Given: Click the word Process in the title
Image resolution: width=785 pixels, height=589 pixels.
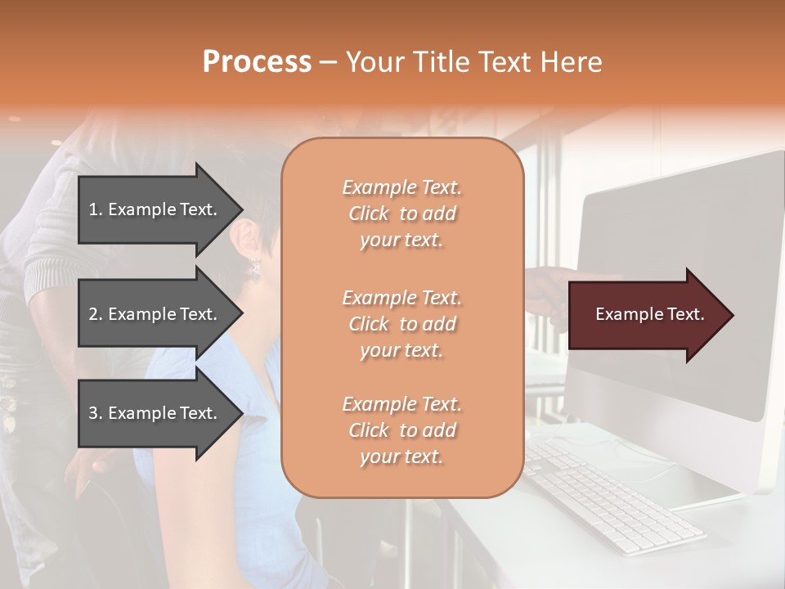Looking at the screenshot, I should pos(257,62).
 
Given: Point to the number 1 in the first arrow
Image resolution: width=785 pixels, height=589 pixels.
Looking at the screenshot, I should pos(94,209).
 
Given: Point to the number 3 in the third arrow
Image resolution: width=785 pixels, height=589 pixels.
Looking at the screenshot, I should pos(94,413).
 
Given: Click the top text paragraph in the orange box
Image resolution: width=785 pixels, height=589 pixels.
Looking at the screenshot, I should pos(401,214).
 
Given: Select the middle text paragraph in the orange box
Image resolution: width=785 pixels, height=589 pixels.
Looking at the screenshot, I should pos(401,324).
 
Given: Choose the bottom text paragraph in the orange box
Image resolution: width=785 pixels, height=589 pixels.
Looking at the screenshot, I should pos(401,430).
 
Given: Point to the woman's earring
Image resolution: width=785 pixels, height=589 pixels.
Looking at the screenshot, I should pos(255,267).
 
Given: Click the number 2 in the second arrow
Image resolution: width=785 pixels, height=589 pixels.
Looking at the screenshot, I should pos(94,314).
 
